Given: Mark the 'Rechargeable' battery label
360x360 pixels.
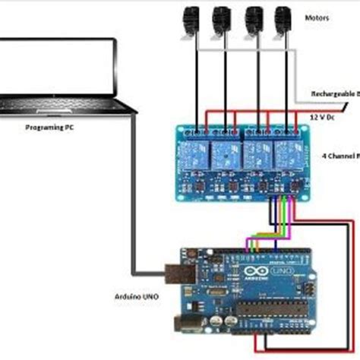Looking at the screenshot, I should tap(331, 93).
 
